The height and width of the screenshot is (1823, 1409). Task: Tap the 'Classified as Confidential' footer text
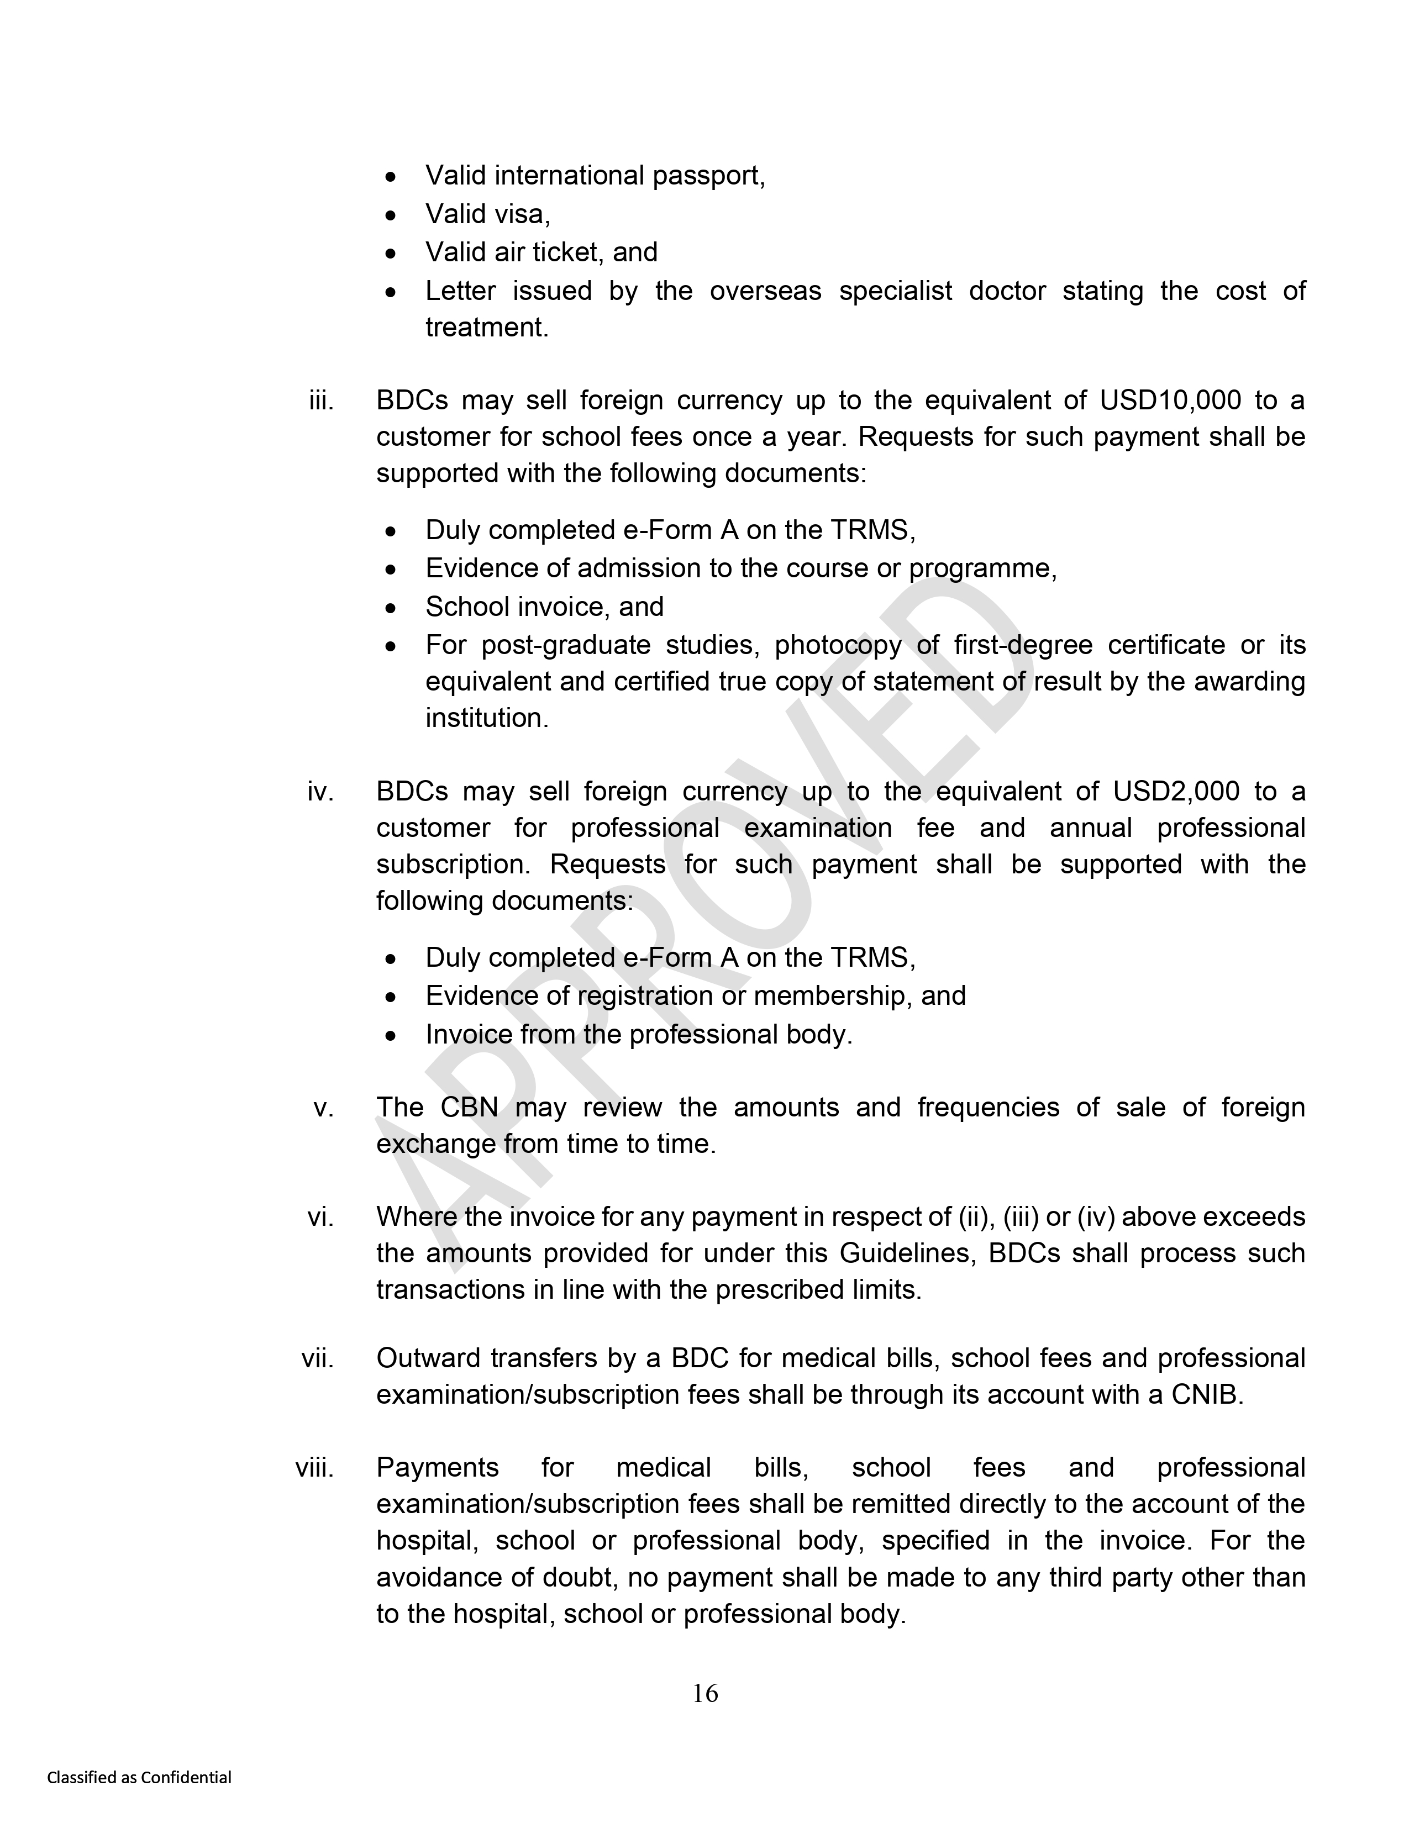pyautogui.click(x=139, y=1778)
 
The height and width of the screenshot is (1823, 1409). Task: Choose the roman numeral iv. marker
pyautogui.click(x=320, y=791)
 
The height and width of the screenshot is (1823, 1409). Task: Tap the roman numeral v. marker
pyautogui.click(x=324, y=1108)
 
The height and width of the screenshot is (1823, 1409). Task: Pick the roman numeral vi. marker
pyautogui.click(x=320, y=1217)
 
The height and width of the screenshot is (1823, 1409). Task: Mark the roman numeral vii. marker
pyautogui.click(x=318, y=1359)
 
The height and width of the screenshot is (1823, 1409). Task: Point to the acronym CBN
pyautogui.click(x=469, y=1108)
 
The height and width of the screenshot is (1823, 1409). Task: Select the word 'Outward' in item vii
pyautogui.click(x=425, y=1359)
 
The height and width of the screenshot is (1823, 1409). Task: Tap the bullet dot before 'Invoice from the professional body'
pyautogui.click(x=391, y=1036)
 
